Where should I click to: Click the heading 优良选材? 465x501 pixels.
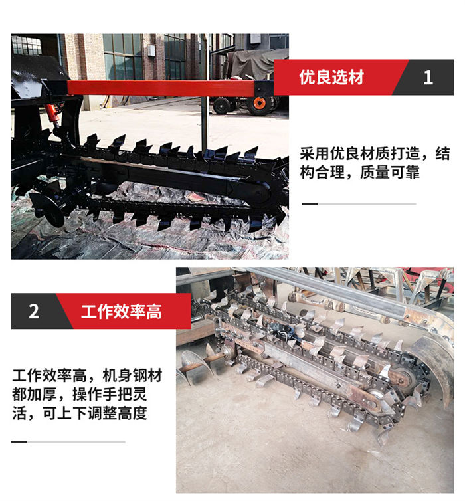tap(331, 77)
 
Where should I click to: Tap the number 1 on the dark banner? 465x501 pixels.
tap(428, 77)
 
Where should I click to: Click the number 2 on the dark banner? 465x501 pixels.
tap(34, 311)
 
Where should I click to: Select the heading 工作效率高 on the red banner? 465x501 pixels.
tap(122, 312)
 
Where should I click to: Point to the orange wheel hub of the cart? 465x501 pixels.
tap(259, 103)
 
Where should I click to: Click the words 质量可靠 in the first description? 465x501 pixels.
tap(390, 173)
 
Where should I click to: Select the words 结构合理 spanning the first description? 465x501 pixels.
tap(375, 163)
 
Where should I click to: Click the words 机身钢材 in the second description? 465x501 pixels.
tap(132, 375)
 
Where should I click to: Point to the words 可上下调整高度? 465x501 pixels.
tap(95, 413)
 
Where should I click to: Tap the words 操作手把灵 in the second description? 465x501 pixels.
tap(110, 394)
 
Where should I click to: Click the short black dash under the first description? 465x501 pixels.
tap(310, 203)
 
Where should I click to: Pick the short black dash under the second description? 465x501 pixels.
tap(19, 442)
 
